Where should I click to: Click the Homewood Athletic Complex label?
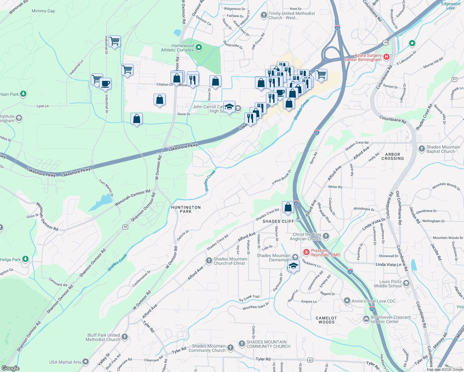177,48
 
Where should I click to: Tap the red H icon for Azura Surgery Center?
386,57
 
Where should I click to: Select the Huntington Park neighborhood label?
186,209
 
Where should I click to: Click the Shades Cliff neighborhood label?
278,221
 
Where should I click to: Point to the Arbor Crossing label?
393,156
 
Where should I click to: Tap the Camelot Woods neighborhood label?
326,320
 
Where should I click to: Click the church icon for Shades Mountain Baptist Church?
422,149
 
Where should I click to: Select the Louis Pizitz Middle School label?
388,284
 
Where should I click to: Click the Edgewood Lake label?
451,6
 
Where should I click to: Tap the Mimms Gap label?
43,11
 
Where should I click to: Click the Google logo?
10,368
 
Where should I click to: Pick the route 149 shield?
386,42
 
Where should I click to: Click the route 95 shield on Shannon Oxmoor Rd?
125,227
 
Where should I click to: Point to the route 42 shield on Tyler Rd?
310,360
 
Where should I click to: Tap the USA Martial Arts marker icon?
86,362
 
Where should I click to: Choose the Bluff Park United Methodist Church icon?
125,337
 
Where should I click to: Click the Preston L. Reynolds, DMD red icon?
306,252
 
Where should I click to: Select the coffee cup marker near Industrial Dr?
105,83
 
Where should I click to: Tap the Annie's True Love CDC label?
373,301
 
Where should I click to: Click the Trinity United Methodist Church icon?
264,15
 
